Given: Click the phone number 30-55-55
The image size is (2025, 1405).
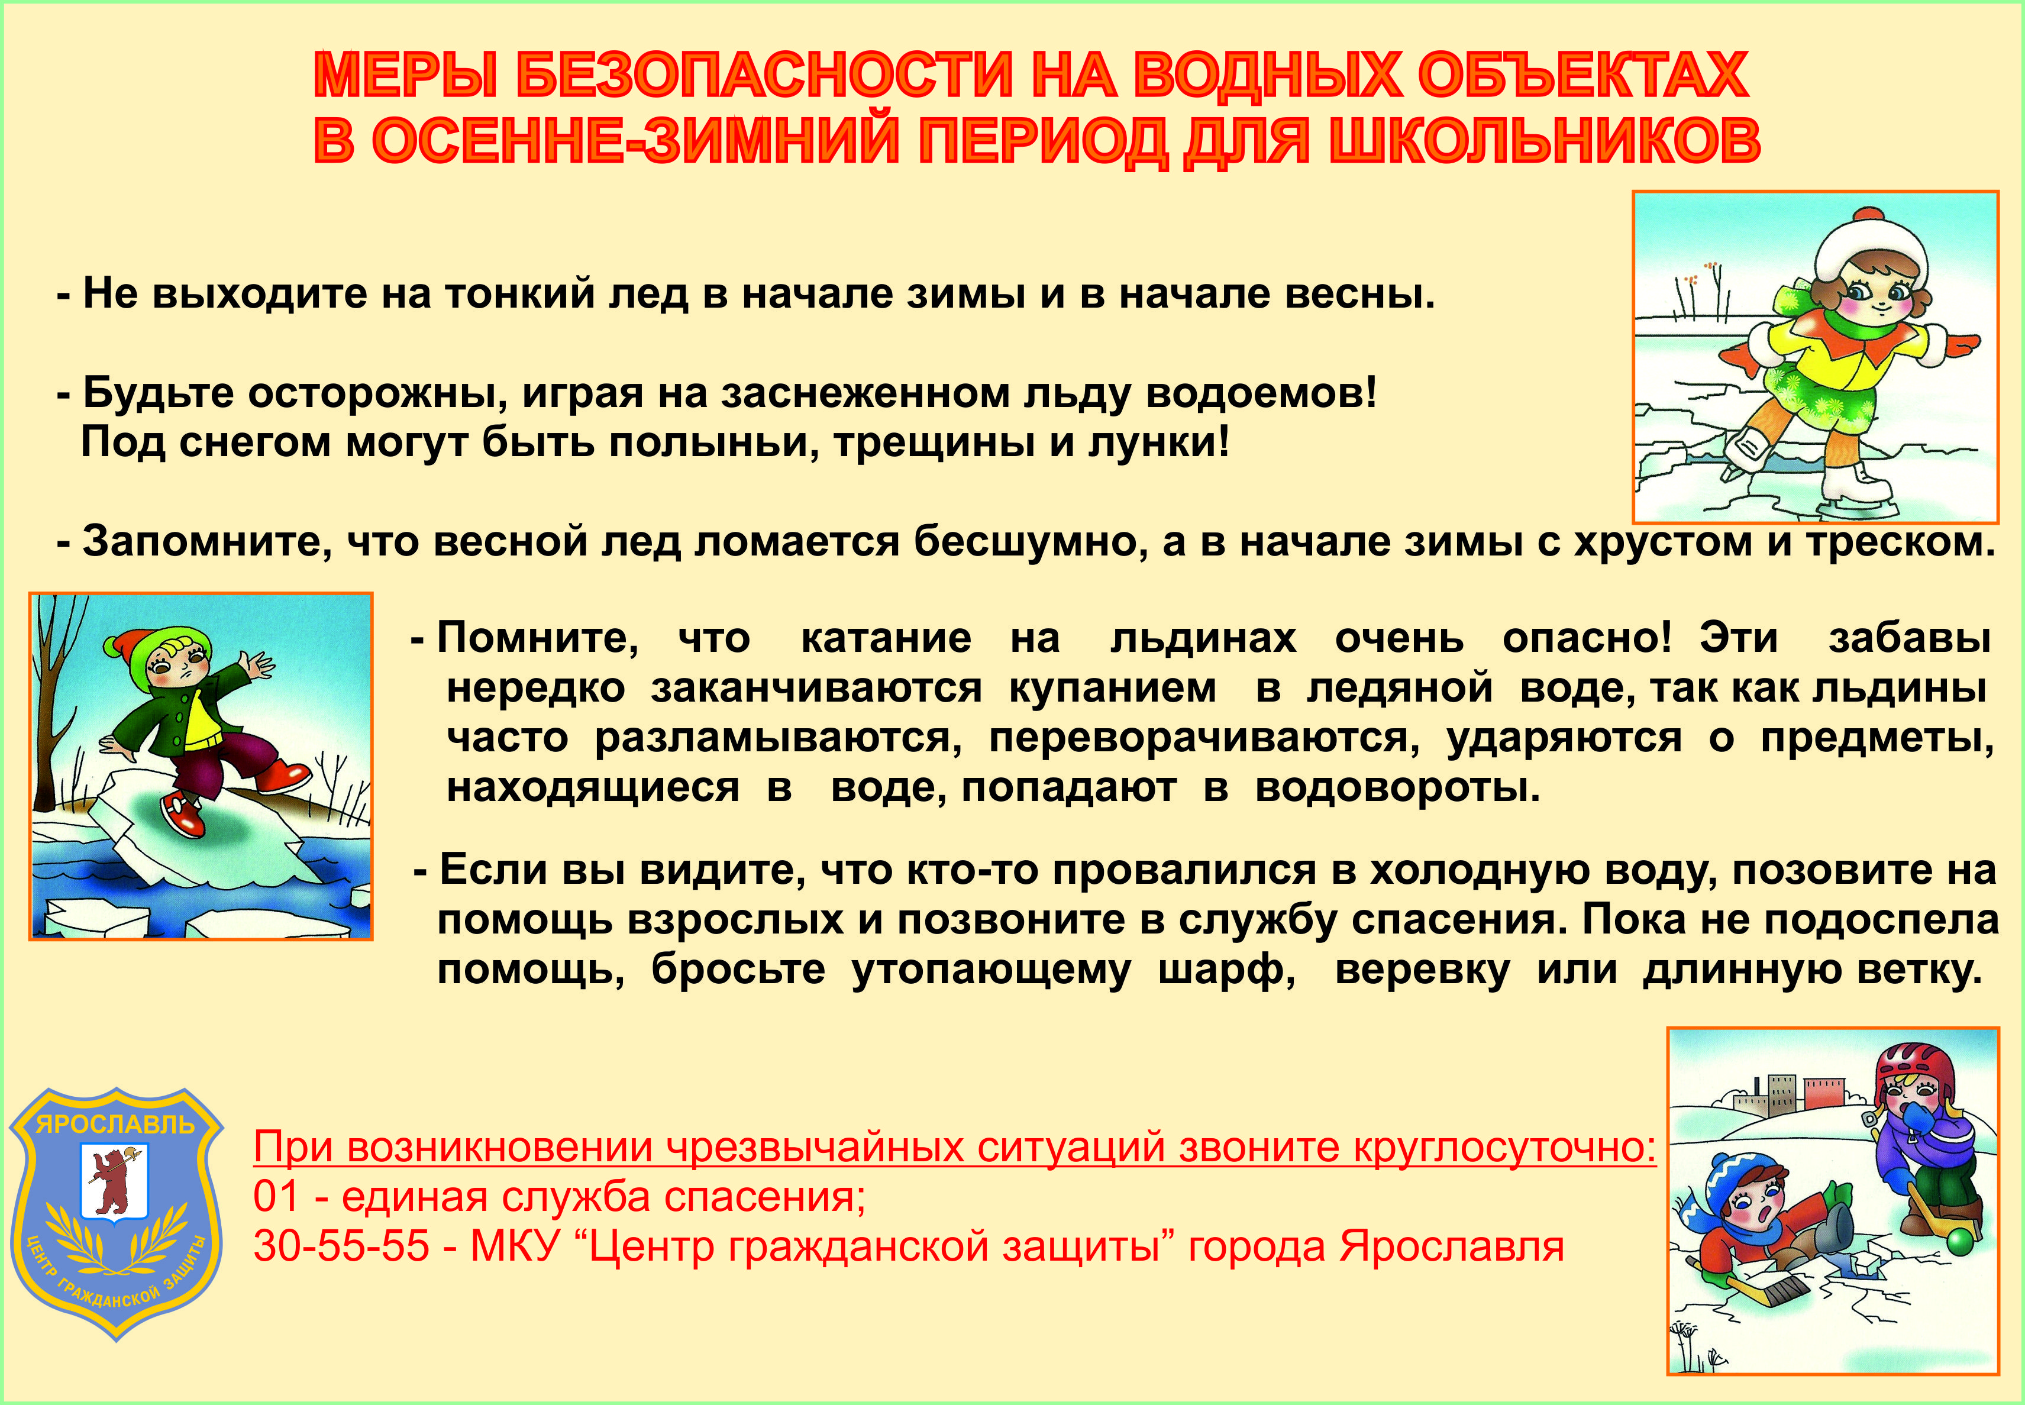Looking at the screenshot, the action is click(x=341, y=1246).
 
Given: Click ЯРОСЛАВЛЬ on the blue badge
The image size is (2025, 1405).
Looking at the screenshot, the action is click(x=115, y=1125).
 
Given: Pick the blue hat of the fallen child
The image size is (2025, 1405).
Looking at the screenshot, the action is click(x=1739, y=1175).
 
